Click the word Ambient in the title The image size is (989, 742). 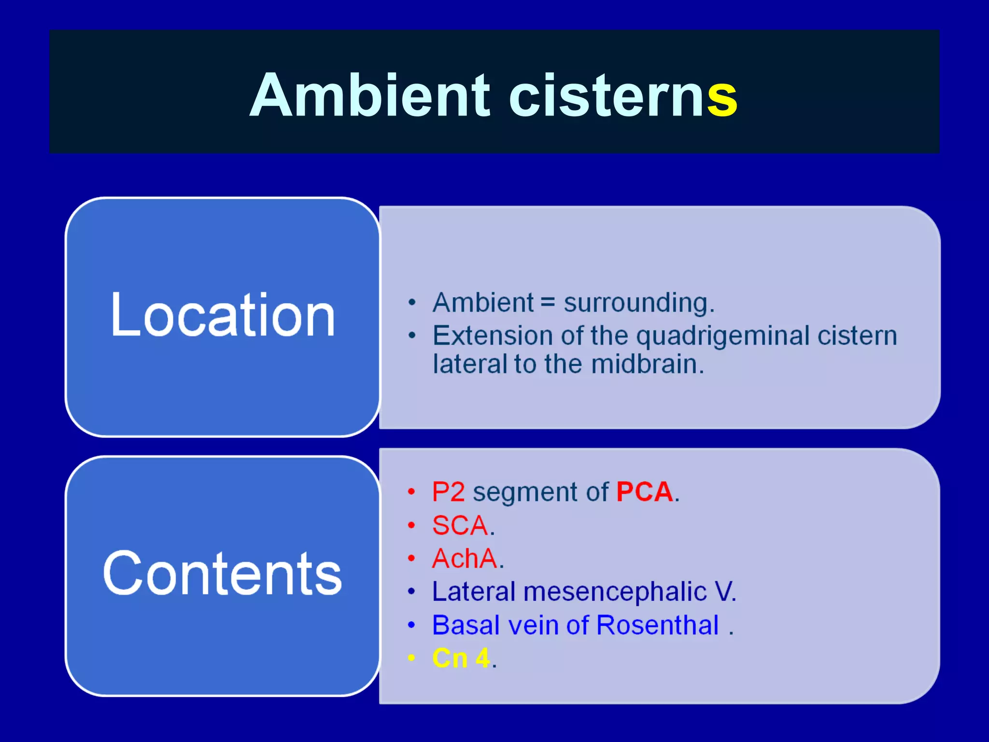pyautogui.click(x=370, y=95)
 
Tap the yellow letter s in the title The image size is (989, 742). pyautogui.click(x=722, y=99)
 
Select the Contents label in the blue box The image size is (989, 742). pyautogui.click(x=223, y=573)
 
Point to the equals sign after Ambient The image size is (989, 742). pyautogui.click(x=548, y=303)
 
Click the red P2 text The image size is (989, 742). pyautogui.click(x=448, y=492)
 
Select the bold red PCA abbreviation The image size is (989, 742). pyautogui.click(x=644, y=492)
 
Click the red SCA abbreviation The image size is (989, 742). pyautogui.click(x=460, y=526)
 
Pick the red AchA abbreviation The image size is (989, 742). pyautogui.click(x=465, y=558)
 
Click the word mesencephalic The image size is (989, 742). pyautogui.click(x=615, y=592)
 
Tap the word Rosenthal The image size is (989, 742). pyautogui.click(x=657, y=625)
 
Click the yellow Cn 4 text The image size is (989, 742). pyautogui.click(x=461, y=658)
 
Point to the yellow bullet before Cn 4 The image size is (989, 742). pyautogui.click(x=411, y=657)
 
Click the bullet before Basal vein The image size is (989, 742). pyautogui.click(x=411, y=625)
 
